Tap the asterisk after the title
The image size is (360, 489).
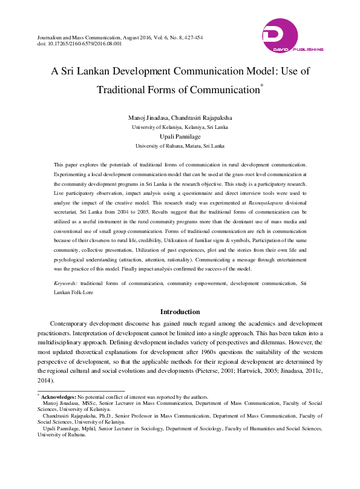tap(261, 87)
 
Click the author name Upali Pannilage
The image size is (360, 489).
tap(180, 137)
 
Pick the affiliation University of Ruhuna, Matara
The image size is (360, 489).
tap(180, 146)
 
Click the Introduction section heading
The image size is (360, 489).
tap(180, 312)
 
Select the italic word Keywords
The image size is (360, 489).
tap(64, 283)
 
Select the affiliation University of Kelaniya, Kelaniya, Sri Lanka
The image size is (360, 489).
tap(180, 127)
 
